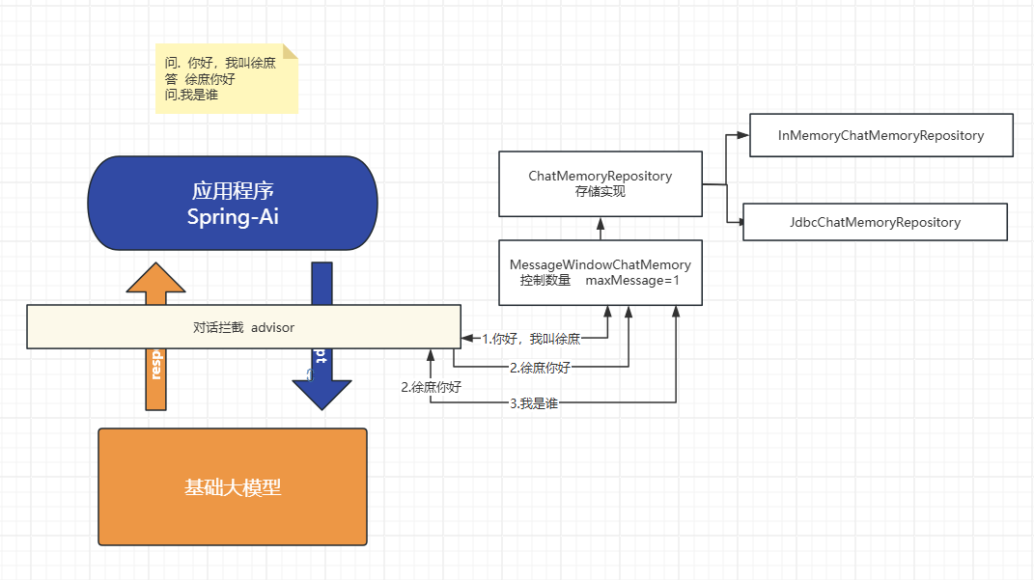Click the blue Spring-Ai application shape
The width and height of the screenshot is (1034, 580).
click(x=233, y=203)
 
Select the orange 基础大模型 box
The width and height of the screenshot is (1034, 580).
click(x=233, y=487)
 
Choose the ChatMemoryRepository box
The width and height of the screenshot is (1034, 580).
click(x=600, y=183)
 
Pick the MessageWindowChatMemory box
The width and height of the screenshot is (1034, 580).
click(x=600, y=272)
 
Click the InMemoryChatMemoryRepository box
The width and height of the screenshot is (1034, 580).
click(x=880, y=135)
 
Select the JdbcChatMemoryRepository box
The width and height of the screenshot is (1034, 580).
click(x=874, y=222)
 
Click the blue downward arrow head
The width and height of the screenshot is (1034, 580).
click(x=321, y=391)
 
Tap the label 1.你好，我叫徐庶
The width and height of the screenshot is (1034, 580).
click(x=531, y=339)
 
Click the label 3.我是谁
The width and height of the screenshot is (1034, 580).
click(x=534, y=403)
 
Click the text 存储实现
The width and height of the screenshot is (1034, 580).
click(x=600, y=191)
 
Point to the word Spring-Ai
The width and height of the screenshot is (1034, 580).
click(x=233, y=216)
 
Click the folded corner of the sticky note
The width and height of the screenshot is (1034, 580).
click(x=290, y=50)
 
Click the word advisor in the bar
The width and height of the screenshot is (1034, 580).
click(x=273, y=327)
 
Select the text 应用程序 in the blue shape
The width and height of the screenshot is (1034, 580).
click(x=233, y=189)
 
